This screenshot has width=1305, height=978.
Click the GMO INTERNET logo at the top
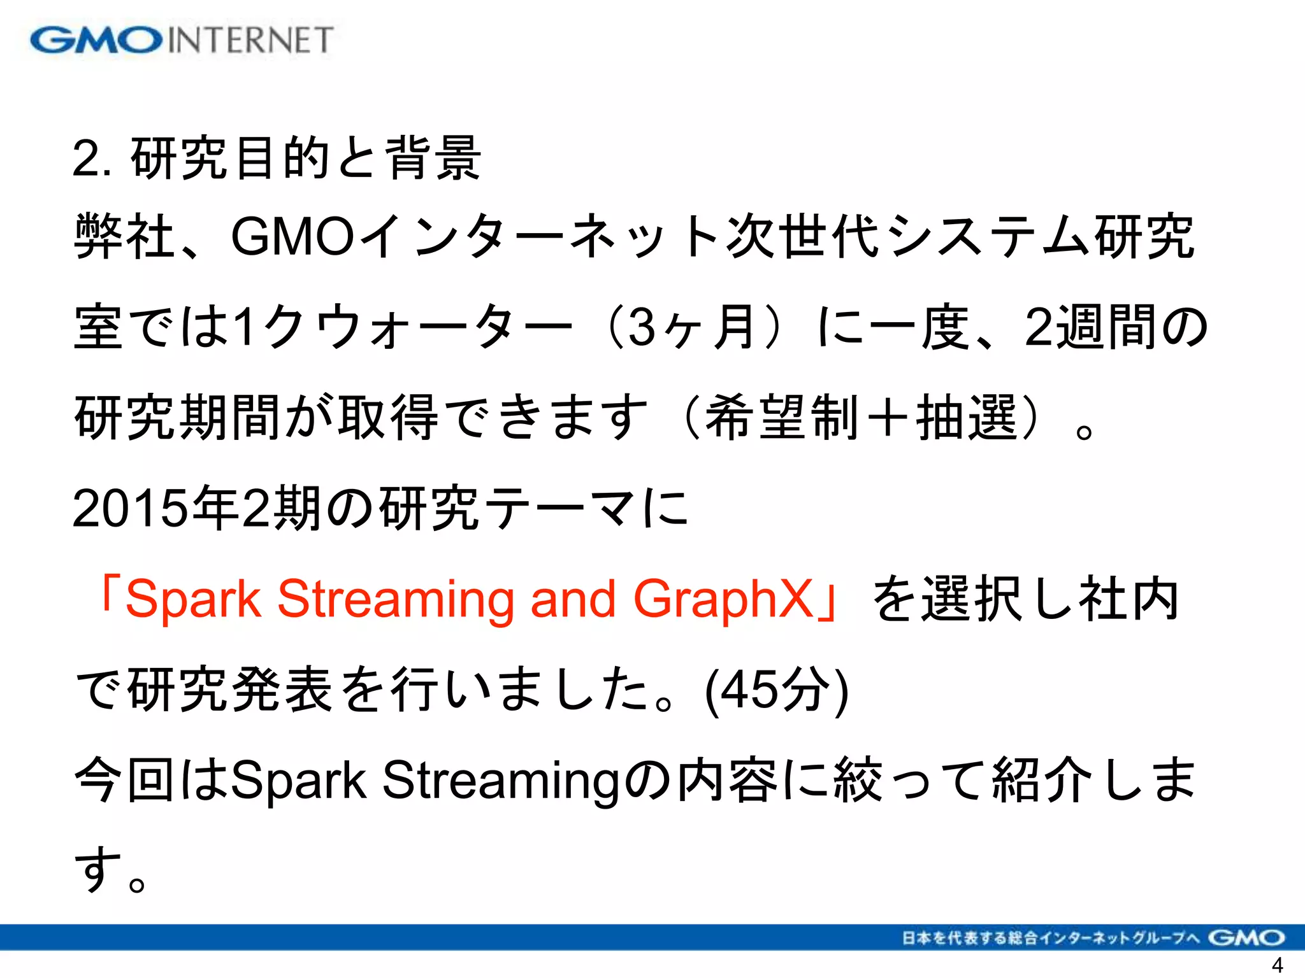coord(182,40)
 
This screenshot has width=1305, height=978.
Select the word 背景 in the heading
coord(434,159)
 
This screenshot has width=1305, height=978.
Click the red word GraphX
coord(724,599)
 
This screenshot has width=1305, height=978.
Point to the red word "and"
coord(573,599)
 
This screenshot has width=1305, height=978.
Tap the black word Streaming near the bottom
coord(501,781)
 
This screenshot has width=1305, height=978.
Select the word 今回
coord(124,781)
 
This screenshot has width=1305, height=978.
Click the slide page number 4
coord(1277,965)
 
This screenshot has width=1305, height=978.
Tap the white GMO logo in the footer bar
coord(1246,938)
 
